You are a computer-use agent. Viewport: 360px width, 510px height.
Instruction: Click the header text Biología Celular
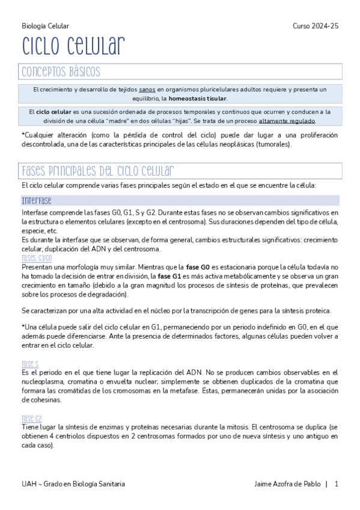(x=45, y=26)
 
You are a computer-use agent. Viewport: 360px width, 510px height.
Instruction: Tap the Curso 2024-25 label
(x=316, y=26)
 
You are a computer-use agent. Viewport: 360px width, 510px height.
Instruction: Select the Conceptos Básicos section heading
(x=61, y=72)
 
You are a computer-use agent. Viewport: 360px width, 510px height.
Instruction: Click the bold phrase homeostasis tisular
(x=198, y=98)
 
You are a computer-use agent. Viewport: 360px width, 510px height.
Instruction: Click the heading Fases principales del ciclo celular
(x=98, y=170)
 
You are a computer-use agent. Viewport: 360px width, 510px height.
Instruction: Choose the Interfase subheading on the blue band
(x=36, y=201)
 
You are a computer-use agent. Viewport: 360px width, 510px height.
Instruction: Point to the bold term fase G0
(x=198, y=266)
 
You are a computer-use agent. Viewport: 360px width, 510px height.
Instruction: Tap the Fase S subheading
(x=30, y=364)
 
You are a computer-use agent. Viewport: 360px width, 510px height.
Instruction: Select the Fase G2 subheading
(x=31, y=418)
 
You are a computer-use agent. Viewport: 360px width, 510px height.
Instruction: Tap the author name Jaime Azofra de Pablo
(x=287, y=484)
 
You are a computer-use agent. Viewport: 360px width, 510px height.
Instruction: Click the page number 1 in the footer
(x=337, y=484)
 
